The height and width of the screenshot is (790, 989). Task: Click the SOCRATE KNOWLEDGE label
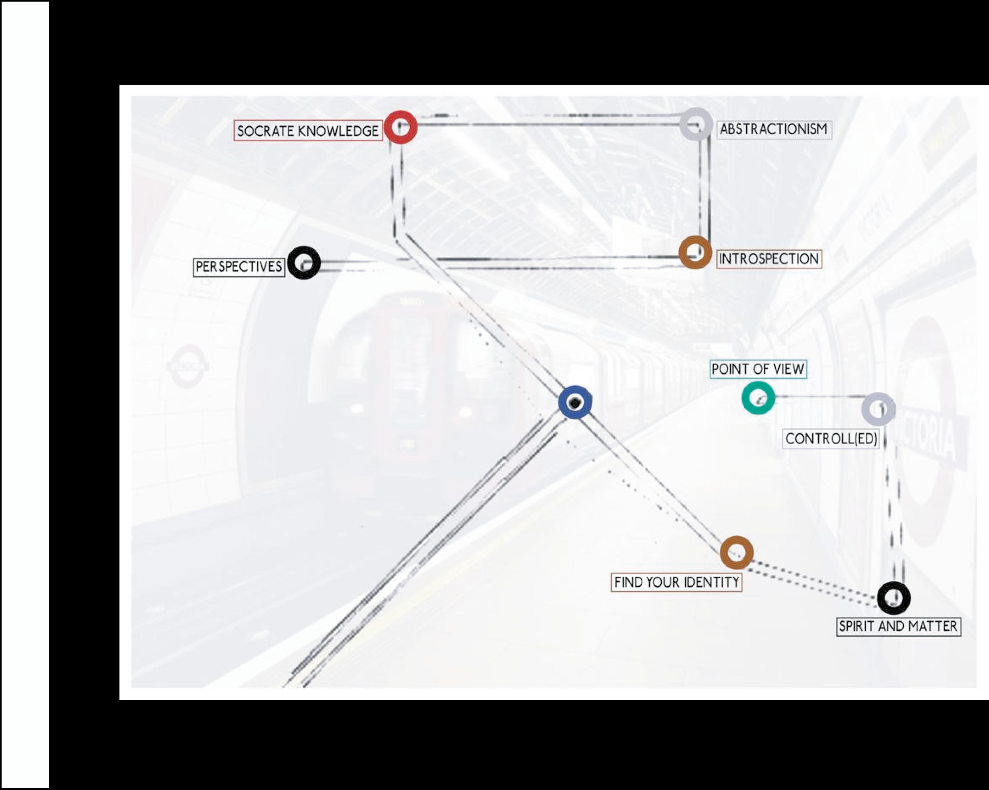308,131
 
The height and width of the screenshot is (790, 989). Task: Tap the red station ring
401,127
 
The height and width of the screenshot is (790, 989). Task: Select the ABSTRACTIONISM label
774,129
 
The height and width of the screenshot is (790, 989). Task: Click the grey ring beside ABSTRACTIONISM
696,124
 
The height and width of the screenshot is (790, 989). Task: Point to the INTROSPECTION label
769,259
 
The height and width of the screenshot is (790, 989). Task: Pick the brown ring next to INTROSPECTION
695,252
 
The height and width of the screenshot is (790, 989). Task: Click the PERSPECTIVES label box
239,267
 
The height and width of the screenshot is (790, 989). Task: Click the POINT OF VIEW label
758,369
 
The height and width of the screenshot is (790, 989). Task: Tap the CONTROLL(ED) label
831,439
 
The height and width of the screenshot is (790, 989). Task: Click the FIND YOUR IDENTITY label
676,582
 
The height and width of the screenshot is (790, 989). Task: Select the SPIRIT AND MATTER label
898,626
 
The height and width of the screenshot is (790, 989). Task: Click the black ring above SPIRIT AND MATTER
893,598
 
